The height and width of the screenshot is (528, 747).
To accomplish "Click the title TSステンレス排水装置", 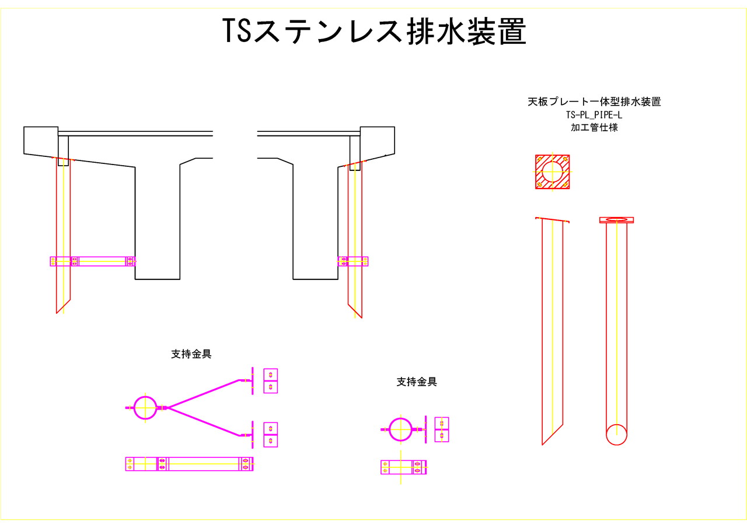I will (373, 32).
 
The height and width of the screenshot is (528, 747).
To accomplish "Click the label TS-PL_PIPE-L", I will (594, 115).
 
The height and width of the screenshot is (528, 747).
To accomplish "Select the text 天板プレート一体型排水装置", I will (594, 102).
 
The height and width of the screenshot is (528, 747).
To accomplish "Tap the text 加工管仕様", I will (594, 127).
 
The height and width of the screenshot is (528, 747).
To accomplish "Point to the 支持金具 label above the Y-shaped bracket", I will (191, 354).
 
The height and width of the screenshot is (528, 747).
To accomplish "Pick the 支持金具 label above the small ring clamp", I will (417, 382).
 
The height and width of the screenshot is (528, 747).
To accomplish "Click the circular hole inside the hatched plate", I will (553, 172).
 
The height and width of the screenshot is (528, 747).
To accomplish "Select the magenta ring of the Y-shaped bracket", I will (145, 407).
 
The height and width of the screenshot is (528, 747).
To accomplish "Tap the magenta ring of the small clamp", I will (401, 429).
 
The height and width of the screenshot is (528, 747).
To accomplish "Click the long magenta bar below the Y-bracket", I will (189, 464).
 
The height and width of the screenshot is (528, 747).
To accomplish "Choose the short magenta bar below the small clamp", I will (403, 467).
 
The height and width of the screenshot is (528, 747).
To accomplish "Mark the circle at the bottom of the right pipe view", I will (616, 435).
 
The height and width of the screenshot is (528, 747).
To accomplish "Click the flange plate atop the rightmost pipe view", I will (616, 220).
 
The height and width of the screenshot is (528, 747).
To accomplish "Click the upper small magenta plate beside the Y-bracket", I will (270, 381).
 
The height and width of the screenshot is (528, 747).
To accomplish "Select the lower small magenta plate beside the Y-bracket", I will (270, 435).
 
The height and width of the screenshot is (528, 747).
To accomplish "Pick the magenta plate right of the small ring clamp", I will (442, 429).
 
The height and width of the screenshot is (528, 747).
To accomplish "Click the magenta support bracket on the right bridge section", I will (353, 261).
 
